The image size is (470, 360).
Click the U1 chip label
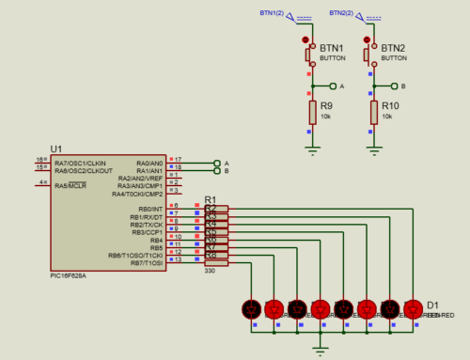click(55, 149)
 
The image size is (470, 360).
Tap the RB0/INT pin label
click(150, 210)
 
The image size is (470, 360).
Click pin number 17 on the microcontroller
click(178, 160)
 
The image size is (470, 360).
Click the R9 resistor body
click(313, 114)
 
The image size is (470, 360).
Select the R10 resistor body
click(373, 114)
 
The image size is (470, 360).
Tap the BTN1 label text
click(331, 48)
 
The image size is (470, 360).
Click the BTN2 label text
click(392, 48)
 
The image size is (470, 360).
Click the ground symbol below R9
click(313, 149)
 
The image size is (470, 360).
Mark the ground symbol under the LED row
click(321, 349)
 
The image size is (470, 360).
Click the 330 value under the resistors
click(211, 272)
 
